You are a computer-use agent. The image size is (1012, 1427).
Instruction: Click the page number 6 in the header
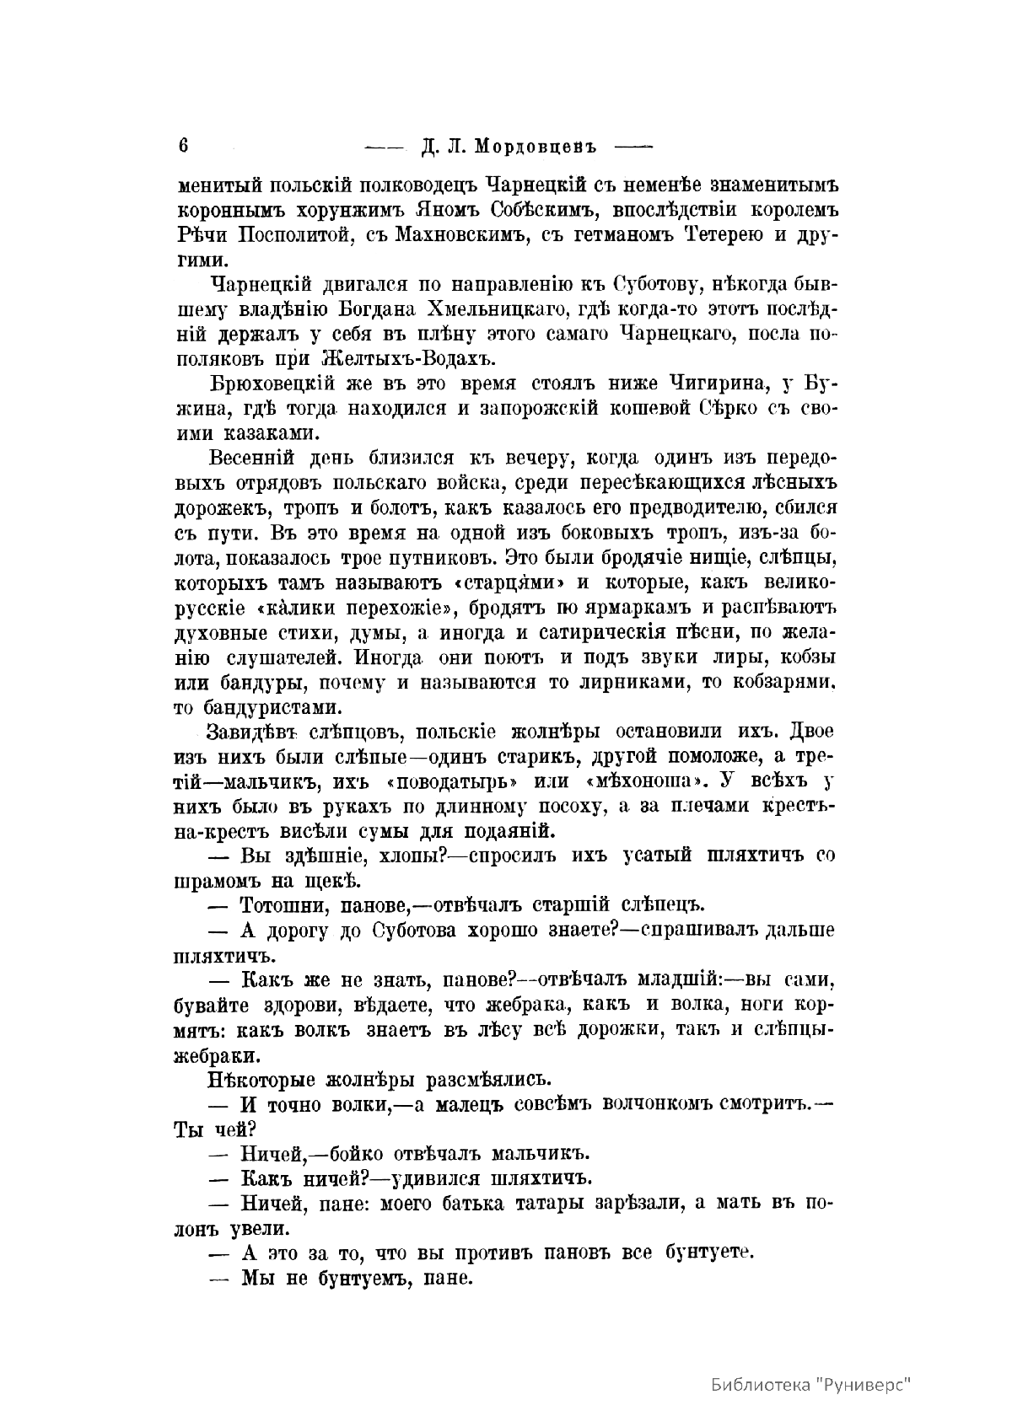(182, 144)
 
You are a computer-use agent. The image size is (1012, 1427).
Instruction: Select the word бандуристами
(272, 706)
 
